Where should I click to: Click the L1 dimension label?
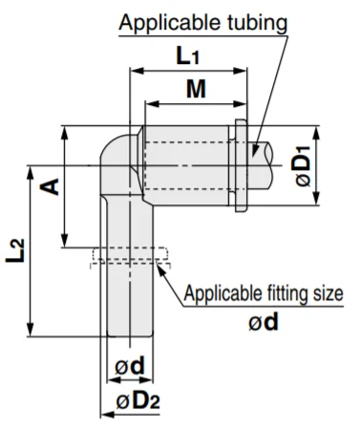pyautogui.click(x=187, y=55)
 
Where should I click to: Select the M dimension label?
pyautogui.click(x=196, y=89)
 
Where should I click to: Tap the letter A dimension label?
pyautogui.click(x=50, y=186)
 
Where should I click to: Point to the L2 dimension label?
pyautogui.click(x=15, y=250)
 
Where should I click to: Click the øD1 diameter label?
pyautogui.click(x=303, y=166)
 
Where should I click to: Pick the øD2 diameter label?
pyautogui.click(x=138, y=401)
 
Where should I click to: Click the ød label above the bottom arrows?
pyautogui.click(x=130, y=366)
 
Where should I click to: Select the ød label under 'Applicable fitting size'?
pyautogui.click(x=264, y=322)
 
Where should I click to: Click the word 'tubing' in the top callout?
pyautogui.click(x=257, y=23)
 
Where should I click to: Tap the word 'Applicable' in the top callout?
pyautogui.click(x=170, y=23)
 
